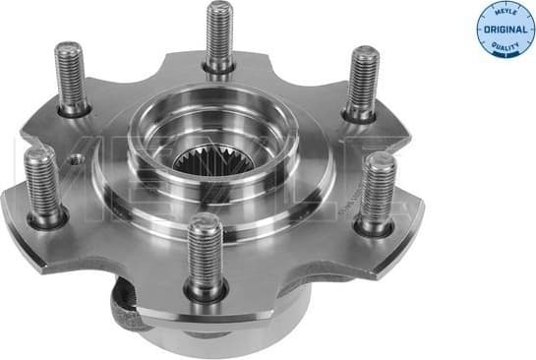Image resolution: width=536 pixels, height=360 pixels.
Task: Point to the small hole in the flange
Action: pyautogui.click(x=74, y=155)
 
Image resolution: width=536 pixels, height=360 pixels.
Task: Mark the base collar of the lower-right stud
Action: pyautogui.click(x=373, y=228)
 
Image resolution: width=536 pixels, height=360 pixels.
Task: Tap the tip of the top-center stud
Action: pyautogui.click(x=220, y=8)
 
